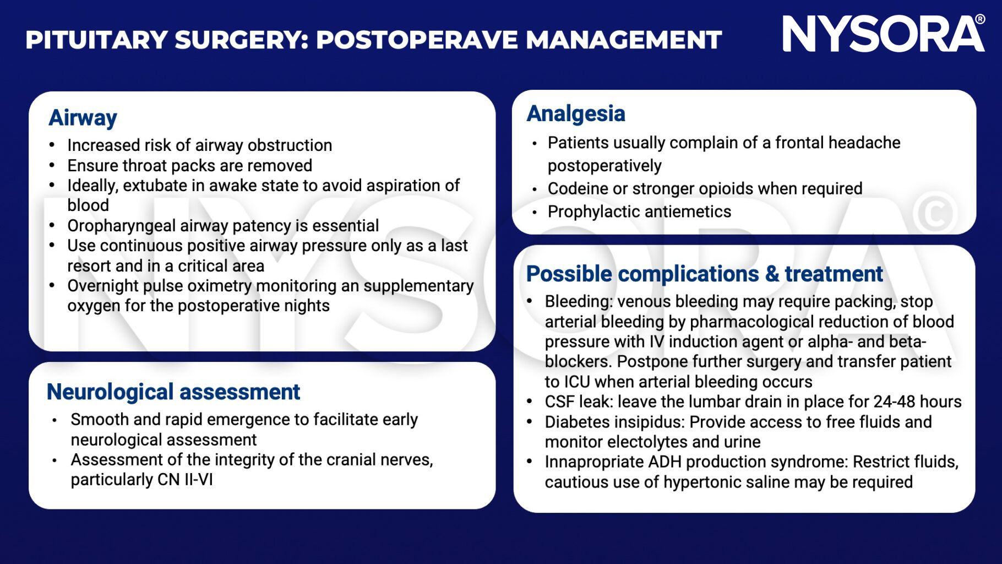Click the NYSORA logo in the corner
click(x=883, y=34)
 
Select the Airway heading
click(x=83, y=118)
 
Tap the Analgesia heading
click(x=575, y=113)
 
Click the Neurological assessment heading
click(x=173, y=392)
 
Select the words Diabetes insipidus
click(x=615, y=422)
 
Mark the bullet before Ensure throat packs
click(x=52, y=166)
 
